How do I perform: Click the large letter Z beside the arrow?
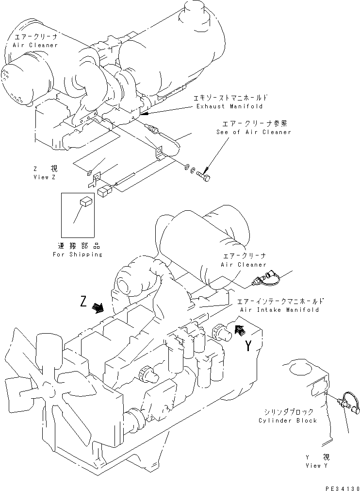84,303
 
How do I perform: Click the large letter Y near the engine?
248,346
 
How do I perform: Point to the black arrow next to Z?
99,308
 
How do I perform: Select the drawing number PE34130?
341,486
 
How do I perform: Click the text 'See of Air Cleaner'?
254,132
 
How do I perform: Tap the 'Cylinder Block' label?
288,420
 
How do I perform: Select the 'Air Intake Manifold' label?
279,309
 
